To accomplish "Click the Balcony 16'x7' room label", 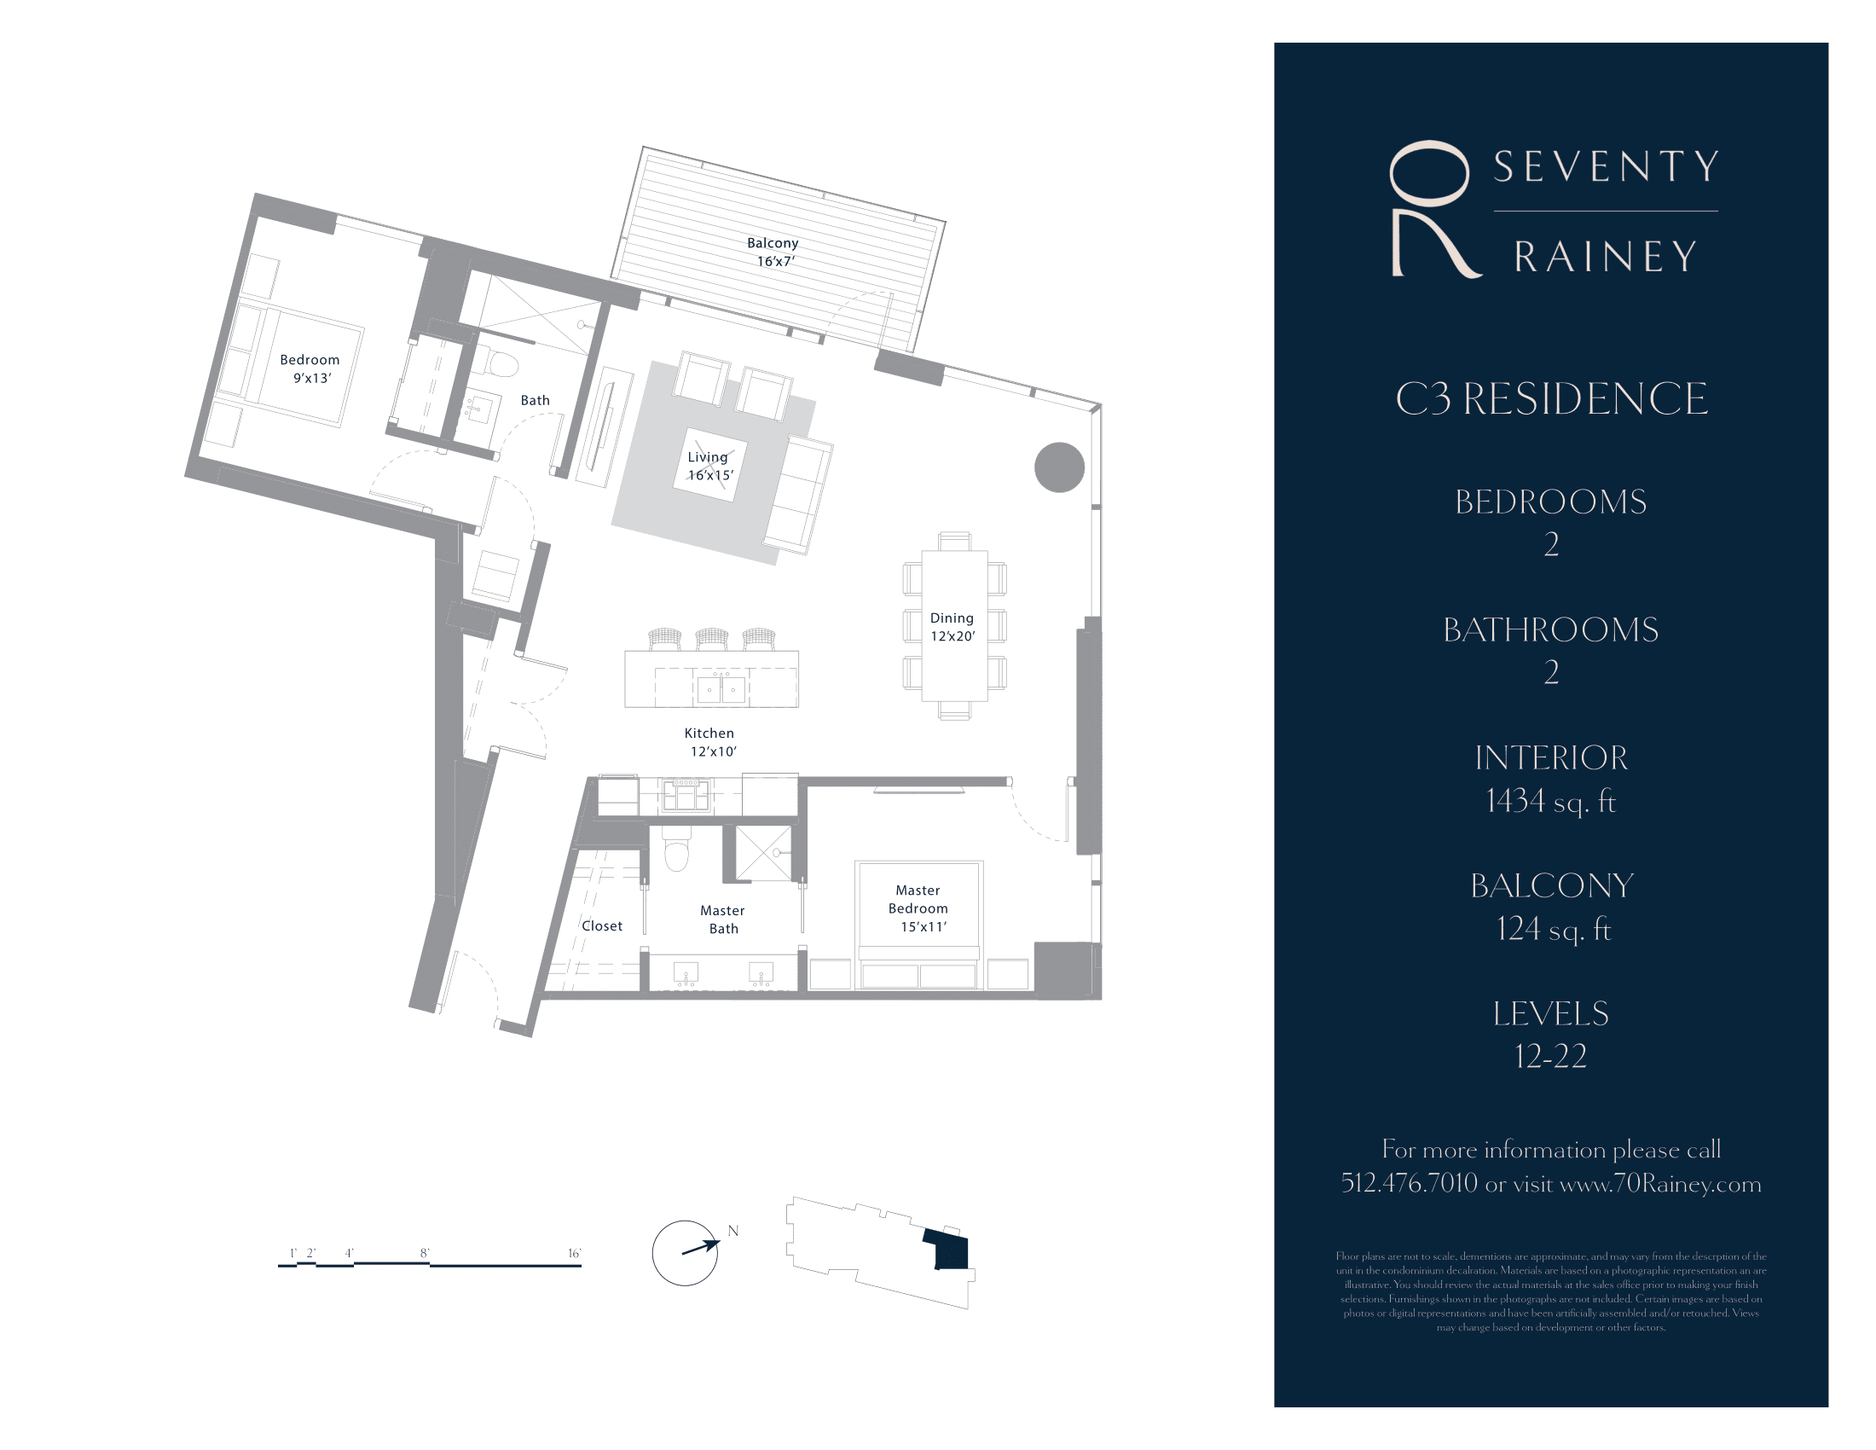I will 773,252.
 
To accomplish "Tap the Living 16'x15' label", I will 709,466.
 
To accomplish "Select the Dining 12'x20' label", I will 952,627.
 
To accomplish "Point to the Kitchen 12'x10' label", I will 711,742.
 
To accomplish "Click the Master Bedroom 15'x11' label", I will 919,908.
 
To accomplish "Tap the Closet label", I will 601,926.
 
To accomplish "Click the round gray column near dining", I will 1059,467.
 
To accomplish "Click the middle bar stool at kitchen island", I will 712,639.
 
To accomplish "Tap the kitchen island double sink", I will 721,688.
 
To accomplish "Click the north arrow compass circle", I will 685,1253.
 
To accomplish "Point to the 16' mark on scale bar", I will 574,1254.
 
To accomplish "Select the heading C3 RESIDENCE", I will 1551,399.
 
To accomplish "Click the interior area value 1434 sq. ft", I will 1550,802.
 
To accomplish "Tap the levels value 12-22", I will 1550,1057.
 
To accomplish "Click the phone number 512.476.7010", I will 1409,1184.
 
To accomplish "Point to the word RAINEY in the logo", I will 1605,257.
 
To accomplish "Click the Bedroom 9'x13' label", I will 310,368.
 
